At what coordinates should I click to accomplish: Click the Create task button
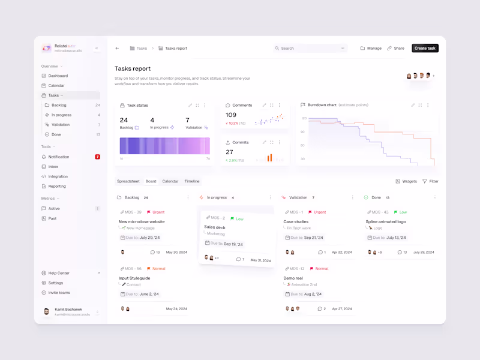pos(425,48)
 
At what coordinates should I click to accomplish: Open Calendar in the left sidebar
pos(56,86)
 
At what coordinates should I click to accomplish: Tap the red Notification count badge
pos(98,157)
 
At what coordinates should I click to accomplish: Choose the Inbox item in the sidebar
pos(53,167)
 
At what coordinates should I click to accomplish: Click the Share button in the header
pos(395,48)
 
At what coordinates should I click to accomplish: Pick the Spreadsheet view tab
pos(128,181)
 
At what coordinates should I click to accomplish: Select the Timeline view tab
pos(192,181)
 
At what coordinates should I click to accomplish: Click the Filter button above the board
pos(430,181)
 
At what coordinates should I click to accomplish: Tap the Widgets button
pos(406,181)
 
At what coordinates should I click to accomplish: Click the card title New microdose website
pos(142,221)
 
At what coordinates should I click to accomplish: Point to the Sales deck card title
pos(215,227)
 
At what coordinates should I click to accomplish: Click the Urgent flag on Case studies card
pos(317,212)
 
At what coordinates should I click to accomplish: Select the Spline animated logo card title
pos(386,221)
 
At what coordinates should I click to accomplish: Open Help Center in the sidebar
pos(59,273)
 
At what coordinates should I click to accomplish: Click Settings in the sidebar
pos(55,283)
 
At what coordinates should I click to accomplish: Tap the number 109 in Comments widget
pos(231,115)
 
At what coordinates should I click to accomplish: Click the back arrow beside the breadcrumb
pos(117,48)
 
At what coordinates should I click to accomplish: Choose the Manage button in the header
pos(371,48)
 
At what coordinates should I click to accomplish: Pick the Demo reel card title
pos(293,278)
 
